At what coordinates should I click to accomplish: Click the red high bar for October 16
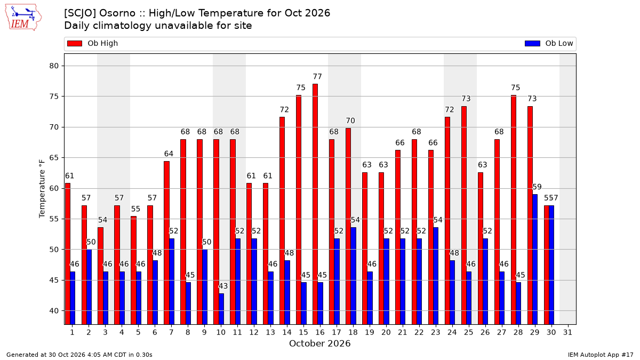315,204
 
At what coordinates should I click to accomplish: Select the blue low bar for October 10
221,309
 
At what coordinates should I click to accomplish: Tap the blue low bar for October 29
535,259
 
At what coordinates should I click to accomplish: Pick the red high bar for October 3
100,276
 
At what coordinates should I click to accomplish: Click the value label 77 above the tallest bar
317,77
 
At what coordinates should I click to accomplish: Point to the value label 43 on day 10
223,286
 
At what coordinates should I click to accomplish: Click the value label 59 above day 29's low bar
537,187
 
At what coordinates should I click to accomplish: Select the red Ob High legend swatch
75,43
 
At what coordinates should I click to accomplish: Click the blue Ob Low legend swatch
532,43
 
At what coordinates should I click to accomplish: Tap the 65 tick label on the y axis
54,158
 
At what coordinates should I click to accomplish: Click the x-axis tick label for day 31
567,332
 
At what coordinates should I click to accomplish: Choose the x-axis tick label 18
353,332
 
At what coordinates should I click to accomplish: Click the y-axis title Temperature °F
42,189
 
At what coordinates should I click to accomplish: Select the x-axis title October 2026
319,343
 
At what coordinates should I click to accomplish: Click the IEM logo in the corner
23,18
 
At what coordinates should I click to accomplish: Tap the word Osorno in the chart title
117,13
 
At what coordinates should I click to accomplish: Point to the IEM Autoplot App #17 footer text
601,355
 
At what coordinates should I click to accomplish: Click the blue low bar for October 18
353,276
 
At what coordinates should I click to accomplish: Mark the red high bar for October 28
514,210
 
